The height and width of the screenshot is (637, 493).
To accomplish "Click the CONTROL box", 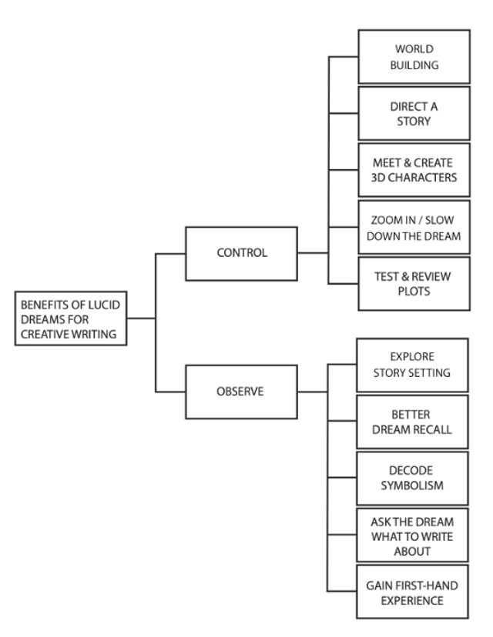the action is point(241,254).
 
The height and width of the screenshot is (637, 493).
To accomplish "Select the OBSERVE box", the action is point(241,392).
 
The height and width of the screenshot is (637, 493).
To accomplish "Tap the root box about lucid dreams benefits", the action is point(71,318).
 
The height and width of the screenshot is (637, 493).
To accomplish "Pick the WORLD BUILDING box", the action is point(414,57).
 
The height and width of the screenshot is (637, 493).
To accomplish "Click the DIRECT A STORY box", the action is point(414,113).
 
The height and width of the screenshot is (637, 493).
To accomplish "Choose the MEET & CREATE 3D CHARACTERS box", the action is point(414,170).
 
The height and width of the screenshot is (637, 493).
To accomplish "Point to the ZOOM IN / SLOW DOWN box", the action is point(414,227).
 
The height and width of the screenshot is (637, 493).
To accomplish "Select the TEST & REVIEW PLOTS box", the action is point(414,284).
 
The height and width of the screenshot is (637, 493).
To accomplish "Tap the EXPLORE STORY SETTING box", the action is point(412,365).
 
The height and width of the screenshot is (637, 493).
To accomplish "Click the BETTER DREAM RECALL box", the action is point(412,422).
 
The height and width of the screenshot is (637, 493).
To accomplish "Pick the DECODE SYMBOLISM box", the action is point(412,479).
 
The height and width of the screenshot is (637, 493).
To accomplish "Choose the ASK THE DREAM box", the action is point(412,535).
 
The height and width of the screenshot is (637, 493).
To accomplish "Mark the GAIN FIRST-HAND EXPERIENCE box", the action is point(412,592).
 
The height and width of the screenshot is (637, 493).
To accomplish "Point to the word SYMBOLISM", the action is point(412,485).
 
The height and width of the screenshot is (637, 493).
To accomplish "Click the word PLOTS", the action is point(414,292).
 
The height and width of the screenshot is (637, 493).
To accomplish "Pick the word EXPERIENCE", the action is point(412,600).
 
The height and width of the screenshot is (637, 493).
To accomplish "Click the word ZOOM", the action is point(382,220).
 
